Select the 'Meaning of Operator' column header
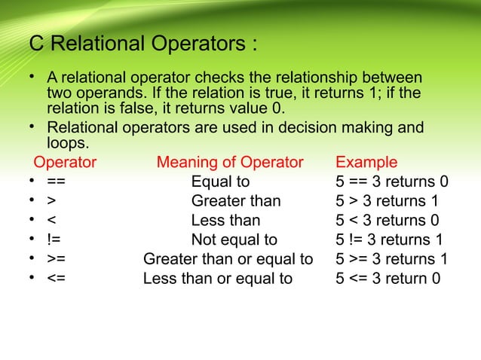click(x=230, y=163)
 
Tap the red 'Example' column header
click(x=366, y=163)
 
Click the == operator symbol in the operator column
click(x=56, y=182)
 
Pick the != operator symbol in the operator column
click(x=54, y=240)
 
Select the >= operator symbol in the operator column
click(x=56, y=260)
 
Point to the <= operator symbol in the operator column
click(x=56, y=279)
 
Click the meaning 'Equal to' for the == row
click(x=220, y=182)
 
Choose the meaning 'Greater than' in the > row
click(x=236, y=201)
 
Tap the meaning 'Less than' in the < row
click(x=225, y=221)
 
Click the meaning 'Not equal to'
click(x=234, y=240)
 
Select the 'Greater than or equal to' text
click(x=228, y=260)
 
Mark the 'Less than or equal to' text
click(x=218, y=279)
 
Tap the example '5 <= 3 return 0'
click(x=388, y=279)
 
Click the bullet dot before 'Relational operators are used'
click(x=33, y=126)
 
